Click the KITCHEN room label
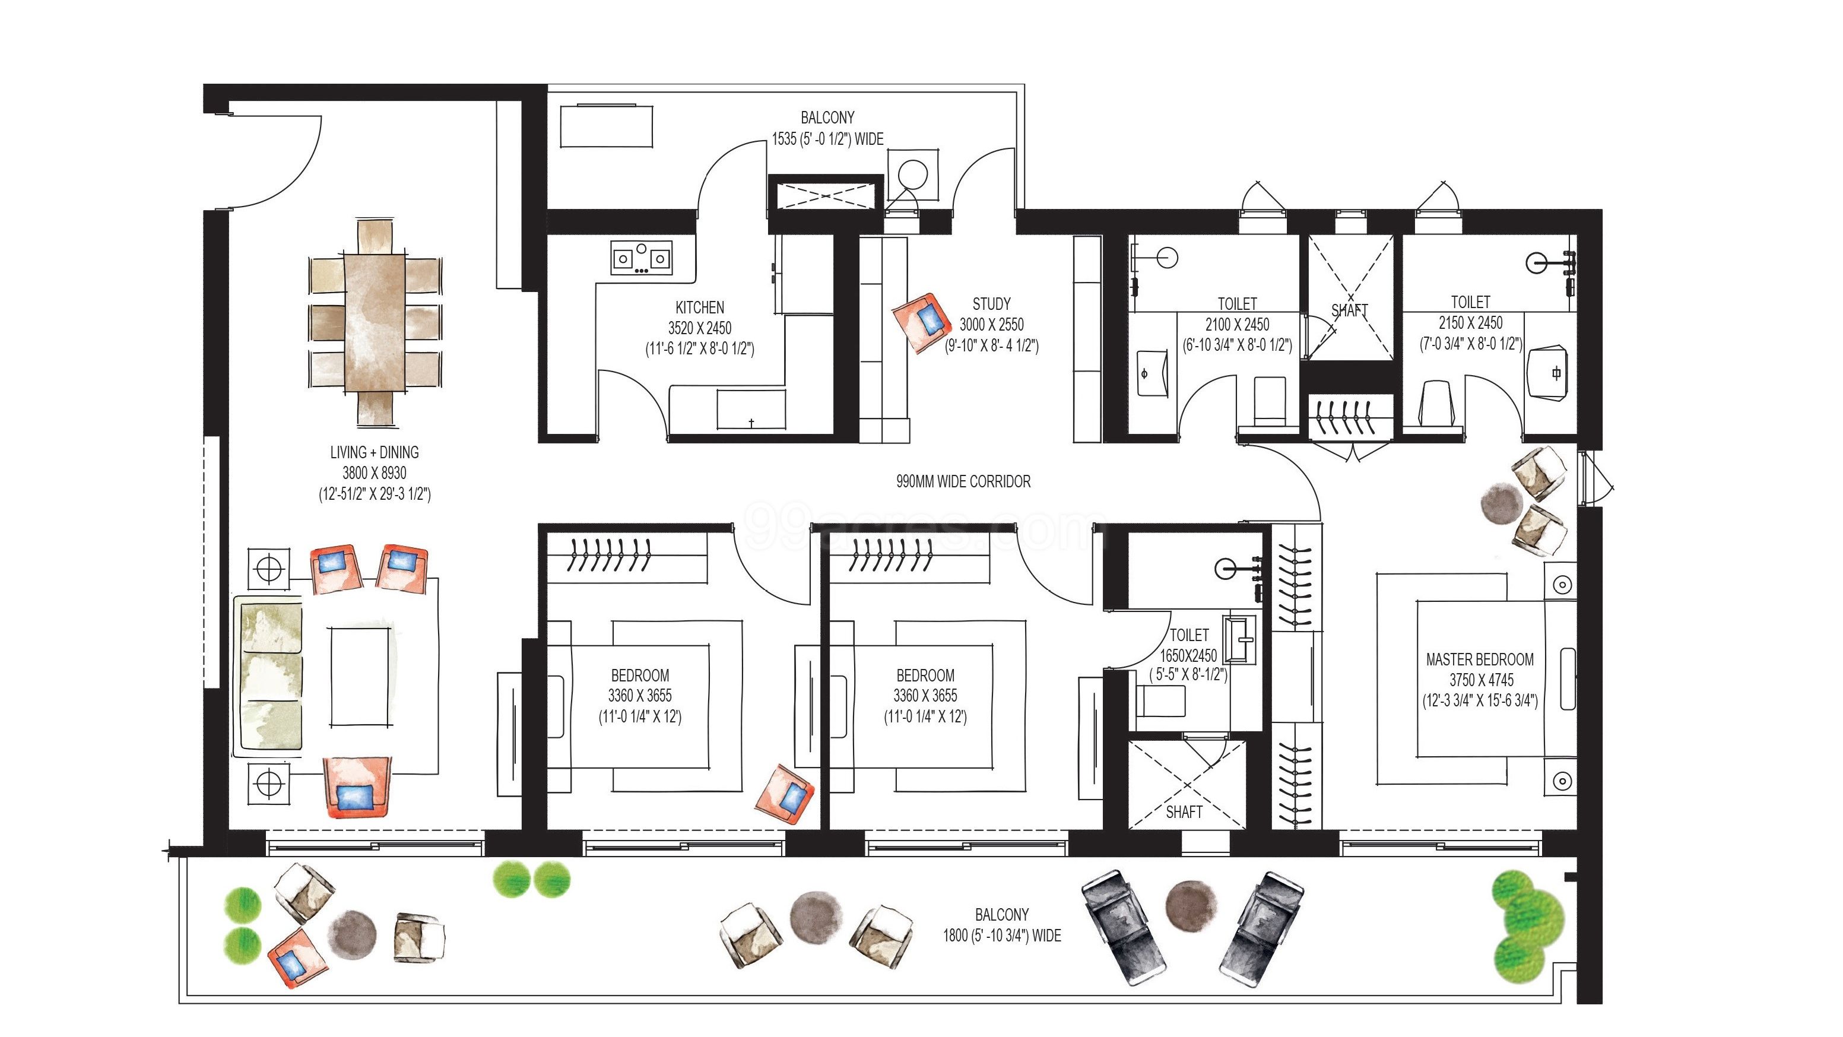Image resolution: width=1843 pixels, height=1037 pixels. coord(700,307)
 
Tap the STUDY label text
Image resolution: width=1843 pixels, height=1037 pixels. coord(991,304)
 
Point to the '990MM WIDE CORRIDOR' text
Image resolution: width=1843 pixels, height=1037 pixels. coord(963,481)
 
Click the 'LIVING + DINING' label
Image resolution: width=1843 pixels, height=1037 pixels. coord(374,452)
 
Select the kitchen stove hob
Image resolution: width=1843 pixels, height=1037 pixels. coord(641,258)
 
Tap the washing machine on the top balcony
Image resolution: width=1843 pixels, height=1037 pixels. coord(913,175)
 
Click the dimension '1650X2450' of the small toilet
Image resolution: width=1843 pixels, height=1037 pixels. coord(1188,655)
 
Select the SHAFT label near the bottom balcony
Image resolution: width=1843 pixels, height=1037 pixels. coord(1184,812)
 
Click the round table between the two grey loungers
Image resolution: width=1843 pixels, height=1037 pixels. coord(1191,905)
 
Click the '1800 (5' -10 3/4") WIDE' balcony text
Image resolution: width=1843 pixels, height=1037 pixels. coord(1002,935)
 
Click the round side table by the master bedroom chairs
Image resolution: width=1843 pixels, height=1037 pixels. coord(1501,504)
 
